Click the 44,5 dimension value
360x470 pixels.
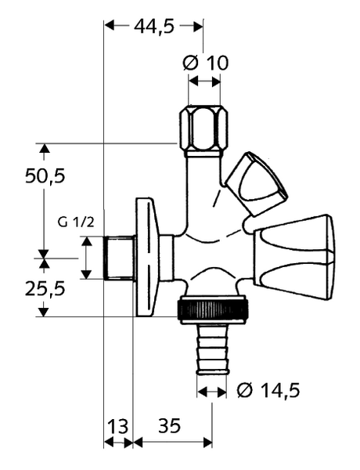[x=154, y=27]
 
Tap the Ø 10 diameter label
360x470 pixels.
[x=206, y=63]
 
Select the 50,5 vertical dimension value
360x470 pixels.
[x=45, y=176]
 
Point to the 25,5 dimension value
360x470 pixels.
[x=45, y=289]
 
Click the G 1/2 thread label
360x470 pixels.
[x=76, y=222]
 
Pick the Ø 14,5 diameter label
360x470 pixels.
[x=268, y=391]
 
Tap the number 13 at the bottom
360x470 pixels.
[x=117, y=426]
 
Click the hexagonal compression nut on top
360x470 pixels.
[x=204, y=132]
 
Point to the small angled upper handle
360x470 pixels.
[x=255, y=183]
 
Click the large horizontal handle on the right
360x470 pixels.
[x=294, y=258]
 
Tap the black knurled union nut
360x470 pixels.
[x=213, y=310]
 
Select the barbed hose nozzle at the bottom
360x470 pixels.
[x=212, y=349]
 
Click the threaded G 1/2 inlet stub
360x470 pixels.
[x=119, y=258]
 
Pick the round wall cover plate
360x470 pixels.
[x=146, y=257]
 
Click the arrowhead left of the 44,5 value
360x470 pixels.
[x=110, y=26]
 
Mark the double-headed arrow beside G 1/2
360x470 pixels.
[x=87, y=258]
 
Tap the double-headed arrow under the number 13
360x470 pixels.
[x=118, y=442]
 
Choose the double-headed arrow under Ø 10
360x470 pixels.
[x=204, y=81]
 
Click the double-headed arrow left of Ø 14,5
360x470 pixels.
[x=212, y=391]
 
